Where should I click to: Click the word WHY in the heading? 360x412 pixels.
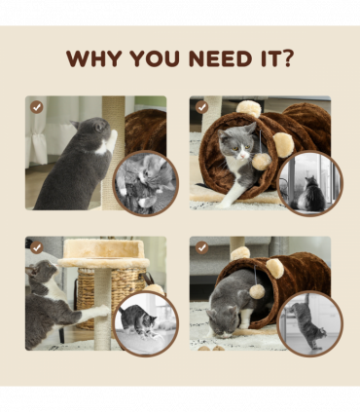[93, 58]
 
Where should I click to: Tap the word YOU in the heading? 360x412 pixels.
[155, 58]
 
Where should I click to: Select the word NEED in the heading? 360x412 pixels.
[221, 58]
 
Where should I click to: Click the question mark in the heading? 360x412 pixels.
[286, 58]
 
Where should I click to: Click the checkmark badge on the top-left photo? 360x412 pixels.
[37, 107]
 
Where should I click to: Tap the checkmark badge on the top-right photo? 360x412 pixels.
[201, 107]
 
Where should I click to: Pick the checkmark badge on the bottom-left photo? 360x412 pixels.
[37, 247]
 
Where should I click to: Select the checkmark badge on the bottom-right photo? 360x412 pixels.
[201, 247]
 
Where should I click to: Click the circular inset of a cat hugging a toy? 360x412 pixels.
[146, 183]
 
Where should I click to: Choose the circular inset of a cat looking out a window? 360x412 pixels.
[310, 183]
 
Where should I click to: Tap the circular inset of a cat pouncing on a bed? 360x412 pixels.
[146, 323]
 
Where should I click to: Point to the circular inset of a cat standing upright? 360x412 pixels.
[310, 323]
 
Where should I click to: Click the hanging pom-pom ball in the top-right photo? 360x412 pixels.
[262, 161]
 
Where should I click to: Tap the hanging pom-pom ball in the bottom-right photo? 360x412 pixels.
[257, 291]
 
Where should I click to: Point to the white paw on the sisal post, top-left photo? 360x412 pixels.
[112, 140]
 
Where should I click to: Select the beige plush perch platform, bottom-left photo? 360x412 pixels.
[104, 253]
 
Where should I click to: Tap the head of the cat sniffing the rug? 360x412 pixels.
[225, 321]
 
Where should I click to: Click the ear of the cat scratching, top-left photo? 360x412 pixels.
[75, 124]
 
